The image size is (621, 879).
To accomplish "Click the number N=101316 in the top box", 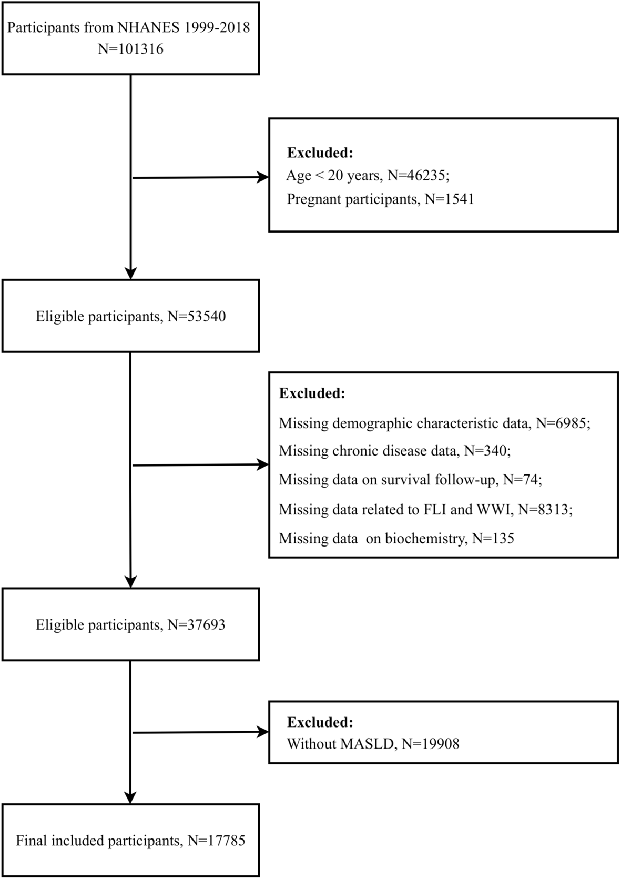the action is [x=130, y=49].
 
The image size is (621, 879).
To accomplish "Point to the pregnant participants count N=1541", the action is [x=450, y=199].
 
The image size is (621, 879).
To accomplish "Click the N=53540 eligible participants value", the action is [x=197, y=316].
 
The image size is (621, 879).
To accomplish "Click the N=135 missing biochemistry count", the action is [x=493, y=538].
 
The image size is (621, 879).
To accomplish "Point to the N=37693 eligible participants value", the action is [x=197, y=625].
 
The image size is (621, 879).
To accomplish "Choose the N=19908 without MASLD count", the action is [x=430, y=744].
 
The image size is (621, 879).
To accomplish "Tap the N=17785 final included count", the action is [x=217, y=841].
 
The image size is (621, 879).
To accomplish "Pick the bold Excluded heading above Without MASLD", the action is [x=320, y=722].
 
